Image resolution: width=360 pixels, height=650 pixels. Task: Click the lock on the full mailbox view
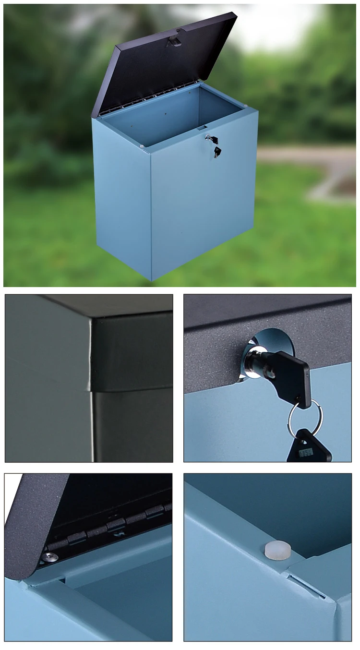click(208, 138)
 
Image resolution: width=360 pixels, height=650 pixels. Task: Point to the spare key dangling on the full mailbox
click(217, 152)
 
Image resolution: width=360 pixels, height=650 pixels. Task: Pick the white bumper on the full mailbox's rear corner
click(245, 106)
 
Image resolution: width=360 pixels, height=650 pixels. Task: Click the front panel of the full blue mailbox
click(202, 202)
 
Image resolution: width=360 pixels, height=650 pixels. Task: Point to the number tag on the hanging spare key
click(305, 452)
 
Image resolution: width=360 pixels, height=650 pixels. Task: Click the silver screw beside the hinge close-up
click(49, 557)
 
